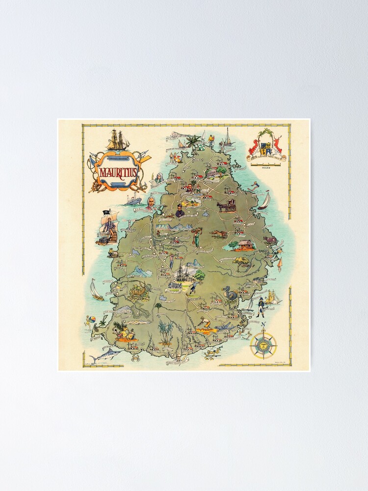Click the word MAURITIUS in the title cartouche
coord(119,172)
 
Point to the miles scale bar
coord(268,163)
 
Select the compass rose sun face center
coord(263,345)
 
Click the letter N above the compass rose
coord(263,324)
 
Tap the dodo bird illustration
coord(230,296)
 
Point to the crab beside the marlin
coord(135,358)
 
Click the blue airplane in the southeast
coord(225,326)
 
